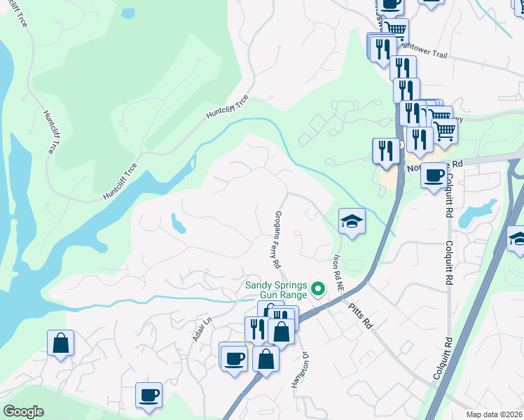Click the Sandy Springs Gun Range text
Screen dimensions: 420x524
(276, 289)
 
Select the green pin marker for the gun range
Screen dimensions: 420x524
(319, 288)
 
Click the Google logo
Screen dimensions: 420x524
(23, 412)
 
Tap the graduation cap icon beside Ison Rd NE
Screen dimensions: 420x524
(352, 222)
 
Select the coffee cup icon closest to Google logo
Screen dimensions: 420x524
(149, 395)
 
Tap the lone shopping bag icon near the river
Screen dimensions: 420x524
(61, 343)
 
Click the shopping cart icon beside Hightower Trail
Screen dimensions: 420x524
(396, 30)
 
